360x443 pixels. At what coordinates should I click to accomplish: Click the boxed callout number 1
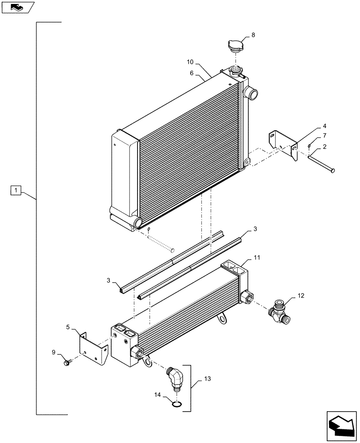point(16,190)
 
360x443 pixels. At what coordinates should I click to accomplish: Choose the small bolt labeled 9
point(68,363)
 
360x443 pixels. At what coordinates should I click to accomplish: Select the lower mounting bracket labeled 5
point(94,350)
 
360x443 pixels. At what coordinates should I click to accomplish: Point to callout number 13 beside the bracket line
point(207,379)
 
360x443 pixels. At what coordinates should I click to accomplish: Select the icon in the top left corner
point(17,7)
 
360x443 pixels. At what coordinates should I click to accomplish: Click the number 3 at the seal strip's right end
point(255,229)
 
